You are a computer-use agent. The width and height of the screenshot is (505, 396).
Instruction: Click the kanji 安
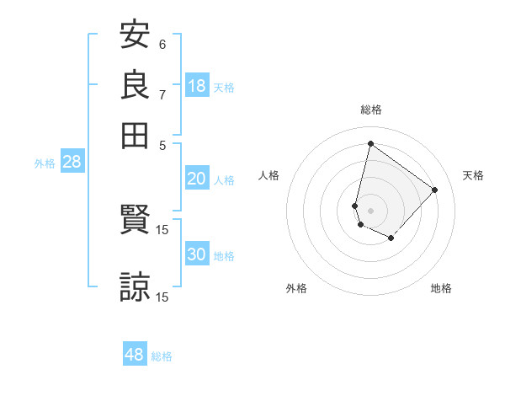pos(135,35)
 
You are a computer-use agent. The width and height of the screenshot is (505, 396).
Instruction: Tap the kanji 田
pos(135,135)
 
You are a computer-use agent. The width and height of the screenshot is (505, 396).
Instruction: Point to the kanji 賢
pos(135,221)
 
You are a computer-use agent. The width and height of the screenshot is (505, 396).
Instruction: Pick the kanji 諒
pos(135,286)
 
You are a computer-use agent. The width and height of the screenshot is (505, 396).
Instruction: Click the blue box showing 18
pos(197,86)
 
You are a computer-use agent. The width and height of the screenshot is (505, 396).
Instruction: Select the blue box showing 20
pos(197,179)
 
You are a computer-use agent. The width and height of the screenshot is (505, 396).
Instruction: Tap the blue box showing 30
pos(197,254)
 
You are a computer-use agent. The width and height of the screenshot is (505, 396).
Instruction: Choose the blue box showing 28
pos(72,163)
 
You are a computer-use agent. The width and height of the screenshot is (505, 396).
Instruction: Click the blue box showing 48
pos(135,355)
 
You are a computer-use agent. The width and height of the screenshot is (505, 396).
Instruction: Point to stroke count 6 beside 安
pos(162,45)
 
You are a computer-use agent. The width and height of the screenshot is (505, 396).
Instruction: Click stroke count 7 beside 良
pos(162,94)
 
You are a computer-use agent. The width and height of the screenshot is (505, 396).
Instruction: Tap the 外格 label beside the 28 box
pos(45,163)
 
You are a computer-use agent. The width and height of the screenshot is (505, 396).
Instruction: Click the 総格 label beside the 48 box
pos(162,356)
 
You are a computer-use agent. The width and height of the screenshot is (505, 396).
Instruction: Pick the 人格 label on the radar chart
pos(269,175)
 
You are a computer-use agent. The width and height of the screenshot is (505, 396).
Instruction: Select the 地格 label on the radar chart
pos(441,288)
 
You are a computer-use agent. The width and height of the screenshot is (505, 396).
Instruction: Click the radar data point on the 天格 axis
pos(435,190)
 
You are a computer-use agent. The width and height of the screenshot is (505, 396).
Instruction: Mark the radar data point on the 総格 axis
pos(370,143)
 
